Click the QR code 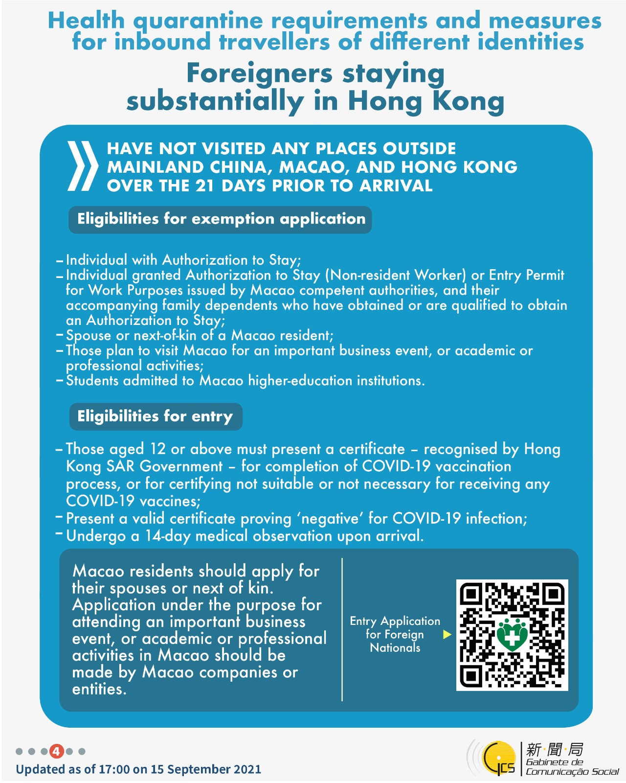(512, 635)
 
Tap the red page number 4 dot (57, 751)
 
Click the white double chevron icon (82, 166)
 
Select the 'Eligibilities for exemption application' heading (221, 219)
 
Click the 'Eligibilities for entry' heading (155, 416)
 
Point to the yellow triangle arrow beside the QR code (447, 635)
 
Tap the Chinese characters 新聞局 (555, 749)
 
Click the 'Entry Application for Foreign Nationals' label (395, 634)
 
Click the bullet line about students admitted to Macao (245, 381)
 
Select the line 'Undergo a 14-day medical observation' (245, 536)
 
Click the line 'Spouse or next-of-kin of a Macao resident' (200, 336)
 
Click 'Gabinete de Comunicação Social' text (571, 767)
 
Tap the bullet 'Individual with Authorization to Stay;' (183, 260)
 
